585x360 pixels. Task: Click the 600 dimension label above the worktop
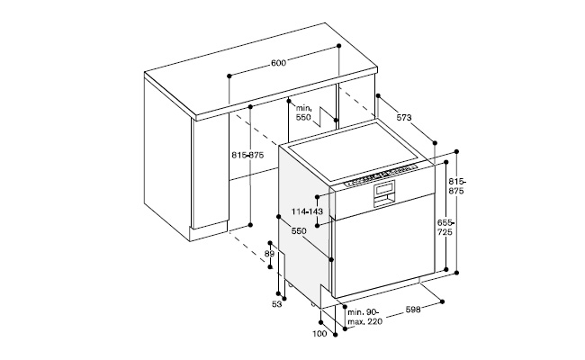[x=278, y=63]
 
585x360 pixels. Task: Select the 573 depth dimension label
[x=404, y=118]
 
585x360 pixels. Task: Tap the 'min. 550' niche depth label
[x=303, y=112]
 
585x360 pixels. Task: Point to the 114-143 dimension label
[x=307, y=211]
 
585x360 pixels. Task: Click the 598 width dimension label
[x=413, y=310]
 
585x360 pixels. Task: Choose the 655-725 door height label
[x=445, y=227]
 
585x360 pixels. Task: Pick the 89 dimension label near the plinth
[x=269, y=254]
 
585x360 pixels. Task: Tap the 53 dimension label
[x=276, y=304]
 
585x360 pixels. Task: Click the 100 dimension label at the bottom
[x=319, y=334]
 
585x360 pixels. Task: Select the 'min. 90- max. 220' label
[x=364, y=317]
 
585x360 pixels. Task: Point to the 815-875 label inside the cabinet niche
[x=247, y=155]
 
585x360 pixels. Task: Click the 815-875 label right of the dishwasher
[x=456, y=186]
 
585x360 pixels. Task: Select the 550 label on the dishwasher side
[x=299, y=231]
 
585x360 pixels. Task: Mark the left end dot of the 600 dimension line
[x=229, y=76]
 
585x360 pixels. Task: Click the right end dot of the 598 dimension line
[x=442, y=301]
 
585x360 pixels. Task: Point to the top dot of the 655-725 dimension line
[x=446, y=162]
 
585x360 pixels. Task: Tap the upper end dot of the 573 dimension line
[x=378, y=95]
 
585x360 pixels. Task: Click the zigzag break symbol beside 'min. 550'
[x=327, y=116]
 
